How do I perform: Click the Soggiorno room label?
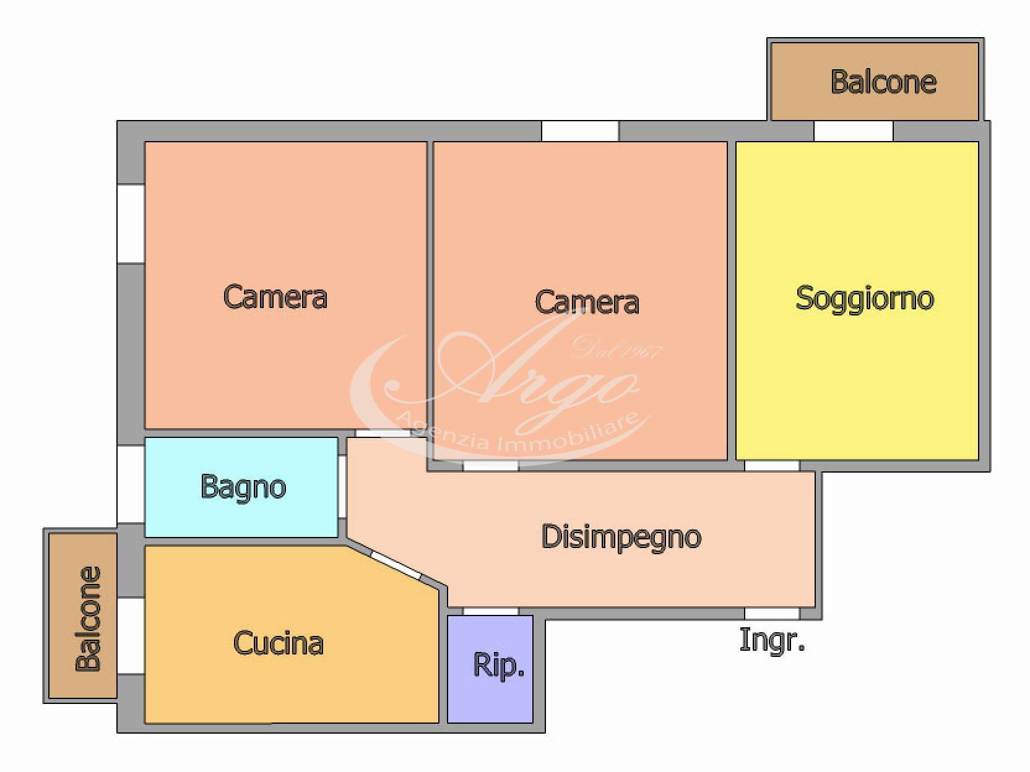865,299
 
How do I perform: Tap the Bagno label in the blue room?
243,487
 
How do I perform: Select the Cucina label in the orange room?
279,643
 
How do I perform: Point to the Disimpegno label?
621,538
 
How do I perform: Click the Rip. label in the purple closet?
498,666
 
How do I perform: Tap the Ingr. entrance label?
772,641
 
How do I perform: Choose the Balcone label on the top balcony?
883,82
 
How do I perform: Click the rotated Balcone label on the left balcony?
89,619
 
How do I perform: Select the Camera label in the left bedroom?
275,297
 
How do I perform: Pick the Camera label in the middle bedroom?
587,302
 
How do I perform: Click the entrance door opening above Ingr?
772,613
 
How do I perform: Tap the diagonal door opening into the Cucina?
397,566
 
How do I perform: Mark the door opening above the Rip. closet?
491,611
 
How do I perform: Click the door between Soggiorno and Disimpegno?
772,465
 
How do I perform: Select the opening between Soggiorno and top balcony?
853,131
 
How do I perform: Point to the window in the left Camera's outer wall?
131,224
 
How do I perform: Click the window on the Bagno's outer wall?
131,484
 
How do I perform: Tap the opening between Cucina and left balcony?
131,635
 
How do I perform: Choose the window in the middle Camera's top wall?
580,131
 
